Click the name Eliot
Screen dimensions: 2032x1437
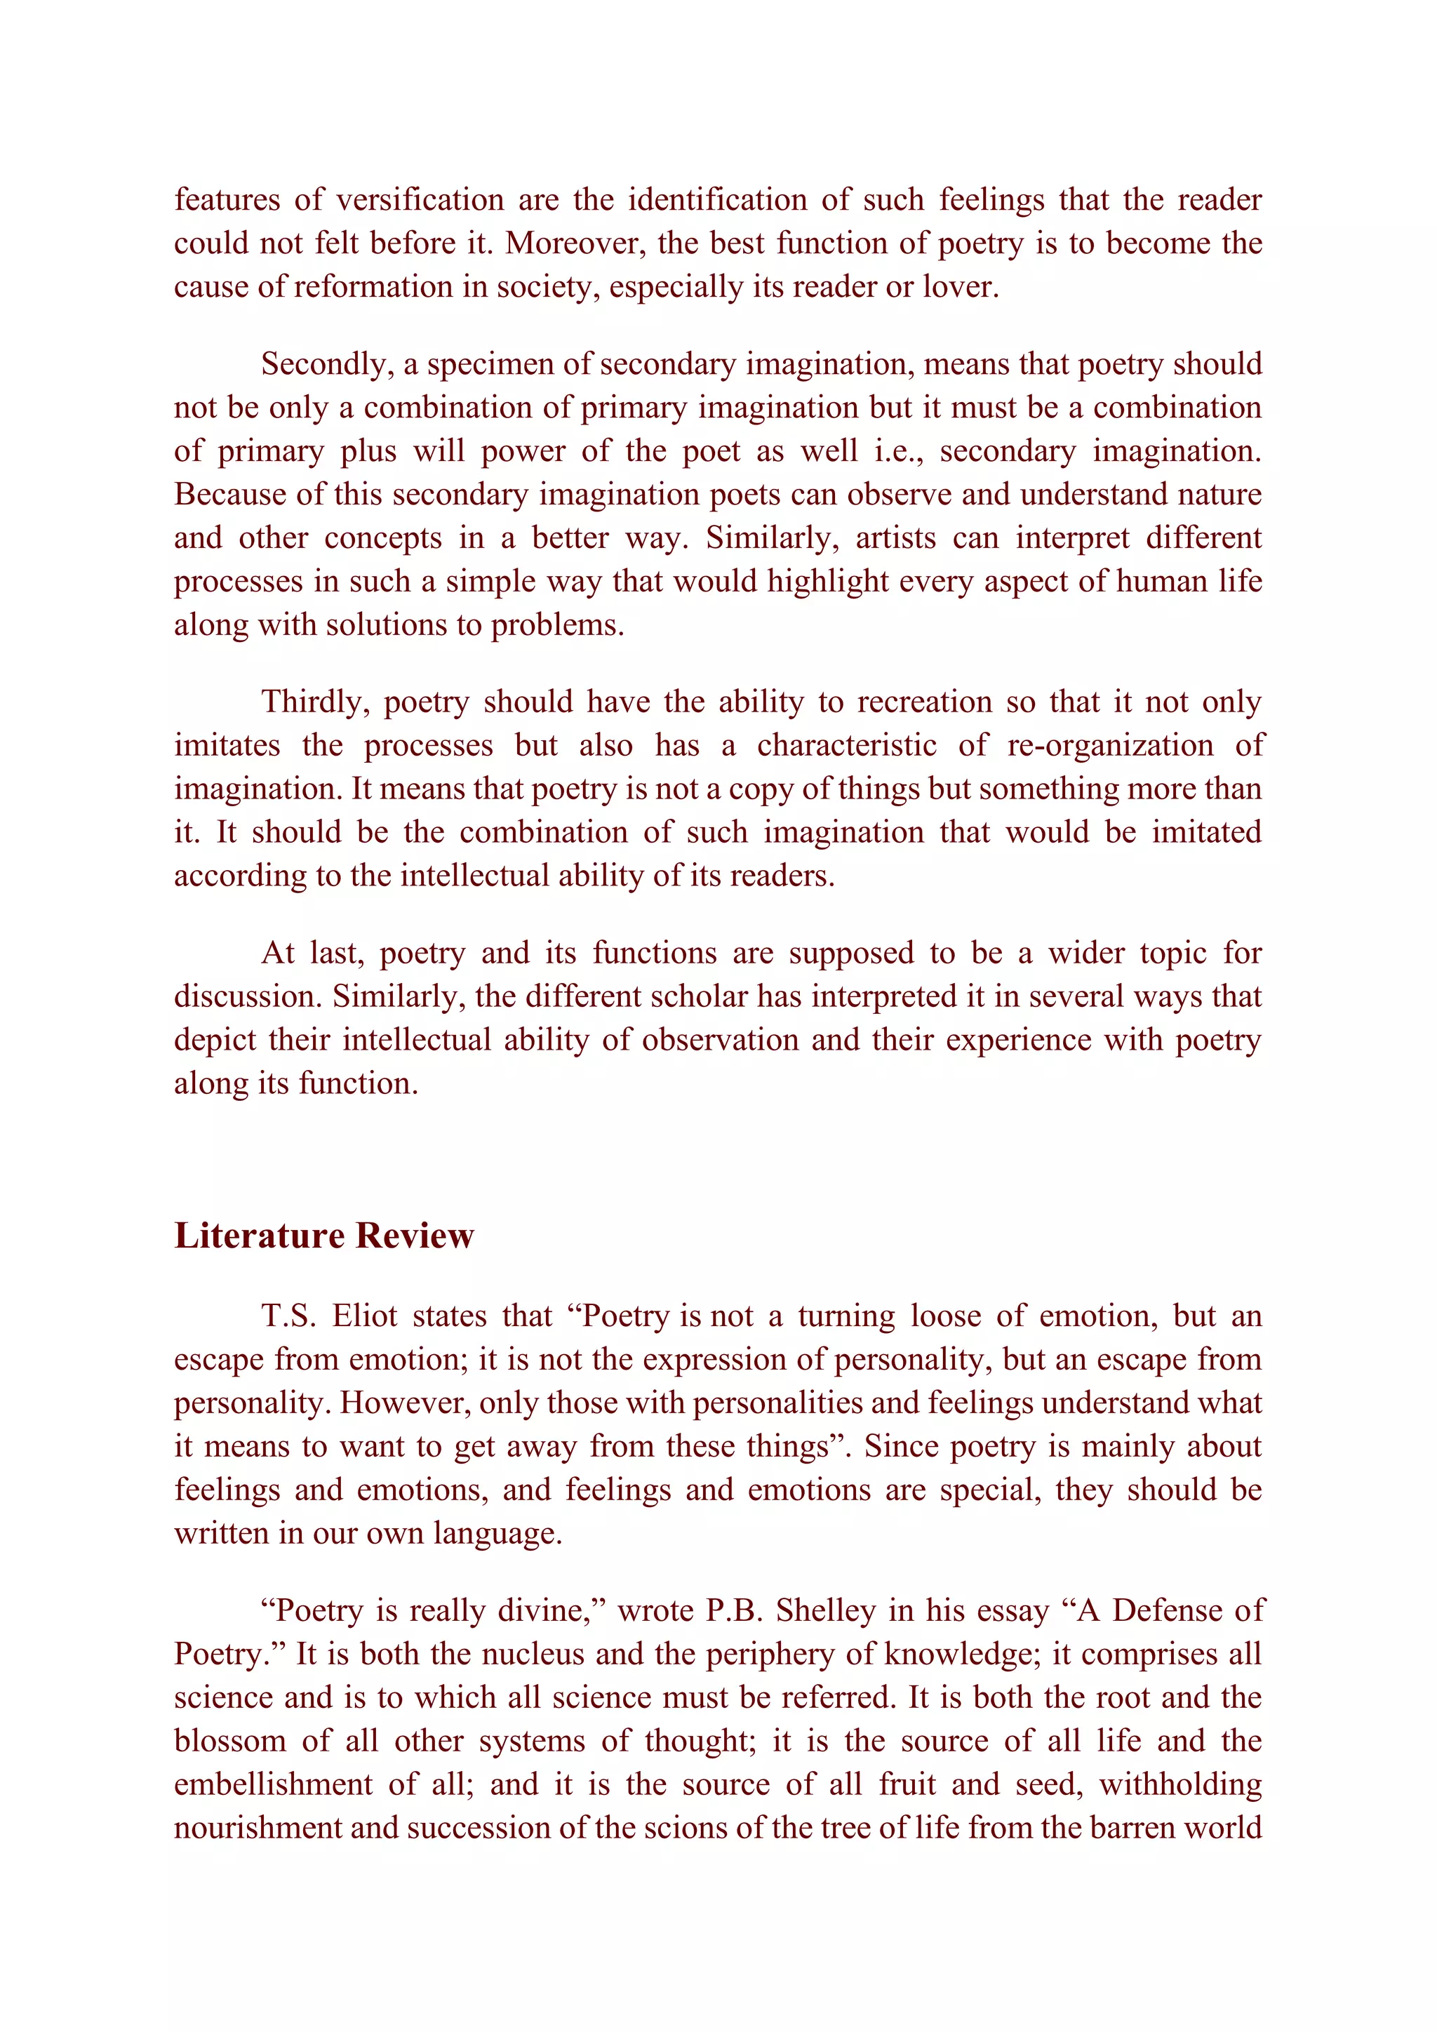[x=365, y=1316]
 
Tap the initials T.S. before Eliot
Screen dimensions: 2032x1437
[x=288, y=1316]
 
